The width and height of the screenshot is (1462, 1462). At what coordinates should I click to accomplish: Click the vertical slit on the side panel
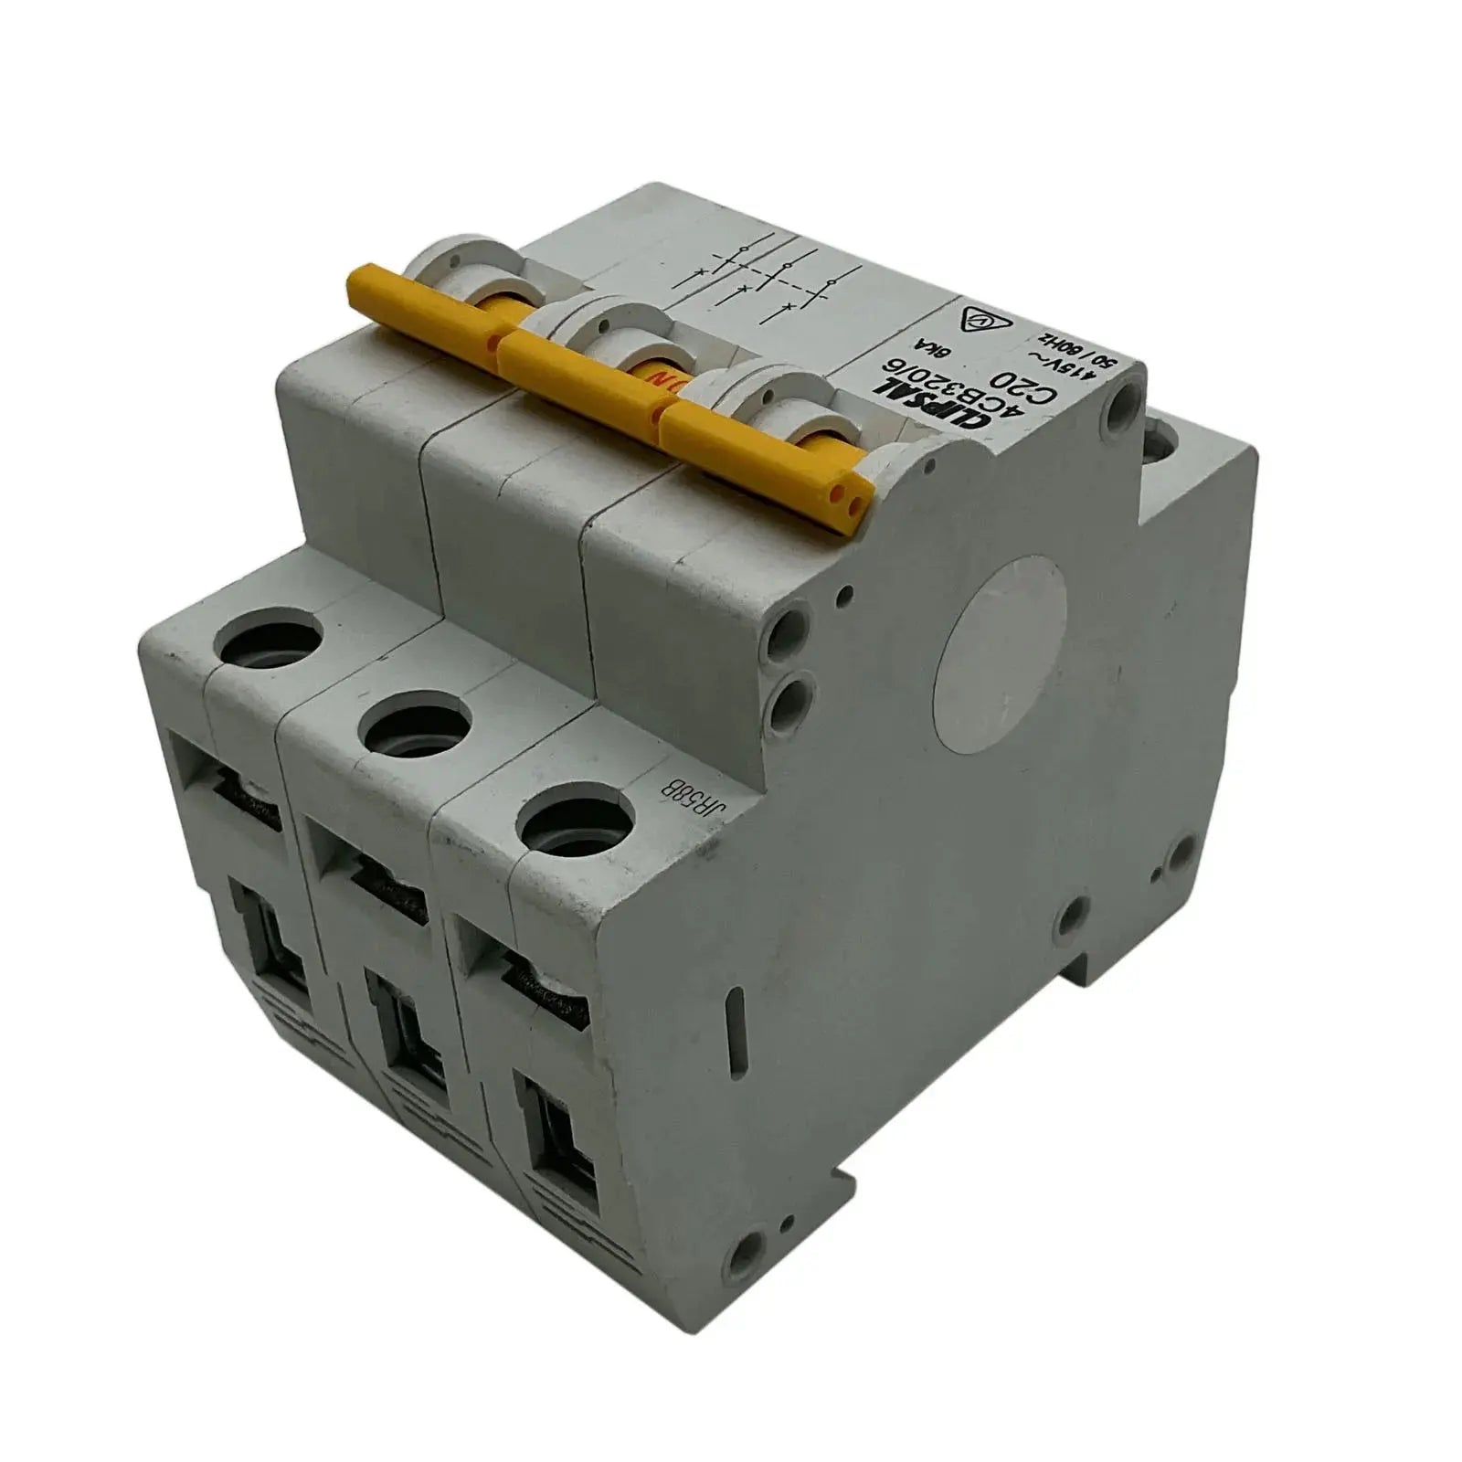[727, 1033]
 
